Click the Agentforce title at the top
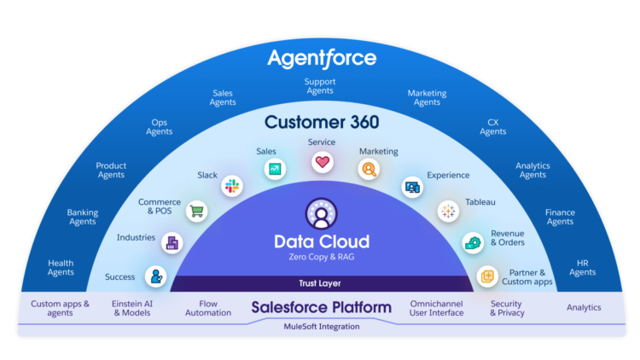[x=321, y=58]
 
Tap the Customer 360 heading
[x=321, y=121]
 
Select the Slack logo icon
[x=231, y=185]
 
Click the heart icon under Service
[x=322, y=161]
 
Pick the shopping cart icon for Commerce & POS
[x=197, y=211]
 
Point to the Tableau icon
[x=448, y=211]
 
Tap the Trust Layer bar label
[x=321, y=283]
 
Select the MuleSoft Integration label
[x=321, y=326]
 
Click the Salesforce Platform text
[x=321, y=307]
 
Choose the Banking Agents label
[x=83, y=217]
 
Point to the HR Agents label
[x=583, y=267]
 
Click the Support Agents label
[x=319, y=86]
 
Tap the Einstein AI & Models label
[x=133, y=308]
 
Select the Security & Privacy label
[x=506, y=308]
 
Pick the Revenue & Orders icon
[x=472, y=243]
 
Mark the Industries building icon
[x=173, y=243]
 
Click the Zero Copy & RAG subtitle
[x=321, y=257]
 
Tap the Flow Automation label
[x=208, y=308]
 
